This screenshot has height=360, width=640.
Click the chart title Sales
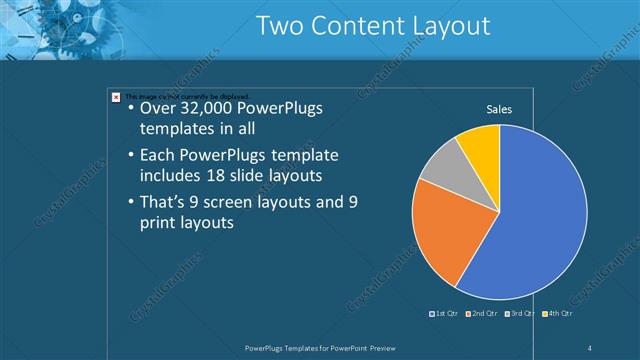coord(499,109)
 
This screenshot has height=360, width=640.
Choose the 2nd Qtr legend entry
coord(483,314)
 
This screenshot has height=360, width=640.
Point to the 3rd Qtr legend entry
coord(521,314)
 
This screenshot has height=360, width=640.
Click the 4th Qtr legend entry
coord(558,314)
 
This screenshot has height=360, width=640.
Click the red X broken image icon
coord(116,96)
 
